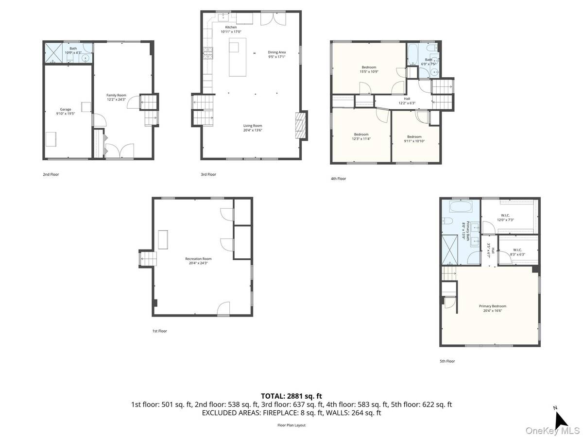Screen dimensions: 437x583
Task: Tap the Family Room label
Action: point(116,97)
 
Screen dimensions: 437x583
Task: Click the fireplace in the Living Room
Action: point(301,126)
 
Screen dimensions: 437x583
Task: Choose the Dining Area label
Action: point(276,54)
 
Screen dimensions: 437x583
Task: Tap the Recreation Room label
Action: point(198,261)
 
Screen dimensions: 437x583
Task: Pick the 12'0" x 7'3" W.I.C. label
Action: point(505,218)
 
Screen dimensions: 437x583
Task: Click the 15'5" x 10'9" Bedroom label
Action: point(369,69)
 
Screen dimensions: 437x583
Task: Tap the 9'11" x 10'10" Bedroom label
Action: point(414,139)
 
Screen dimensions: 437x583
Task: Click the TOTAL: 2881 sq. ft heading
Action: point(291,396)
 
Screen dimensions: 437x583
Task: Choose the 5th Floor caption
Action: point(447,361)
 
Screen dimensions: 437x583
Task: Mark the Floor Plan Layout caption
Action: point(291,425)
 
